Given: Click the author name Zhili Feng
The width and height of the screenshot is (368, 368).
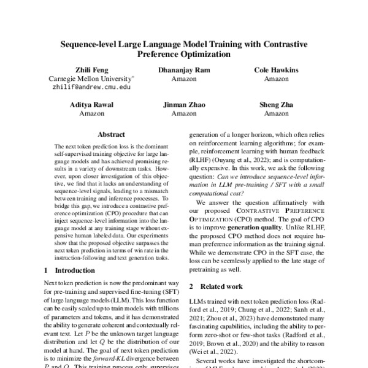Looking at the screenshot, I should (91, 71).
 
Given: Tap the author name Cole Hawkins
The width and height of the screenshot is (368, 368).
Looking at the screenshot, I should (277, 71).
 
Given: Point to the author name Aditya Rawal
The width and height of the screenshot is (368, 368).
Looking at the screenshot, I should (91, 105).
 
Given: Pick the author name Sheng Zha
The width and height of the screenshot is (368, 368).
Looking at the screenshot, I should (277, 105).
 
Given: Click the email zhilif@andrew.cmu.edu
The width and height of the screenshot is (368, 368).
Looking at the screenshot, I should (91, 88).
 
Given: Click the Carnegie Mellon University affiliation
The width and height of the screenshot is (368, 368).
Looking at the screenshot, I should (91, 79).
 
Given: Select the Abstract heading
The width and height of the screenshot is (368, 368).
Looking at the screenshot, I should (111, 134).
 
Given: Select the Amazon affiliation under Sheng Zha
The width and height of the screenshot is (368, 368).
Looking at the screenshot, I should (277, 113).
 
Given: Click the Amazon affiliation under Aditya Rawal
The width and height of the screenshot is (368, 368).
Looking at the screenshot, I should (91, 113).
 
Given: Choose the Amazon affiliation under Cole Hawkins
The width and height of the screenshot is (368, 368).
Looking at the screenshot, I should (277, 79).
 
